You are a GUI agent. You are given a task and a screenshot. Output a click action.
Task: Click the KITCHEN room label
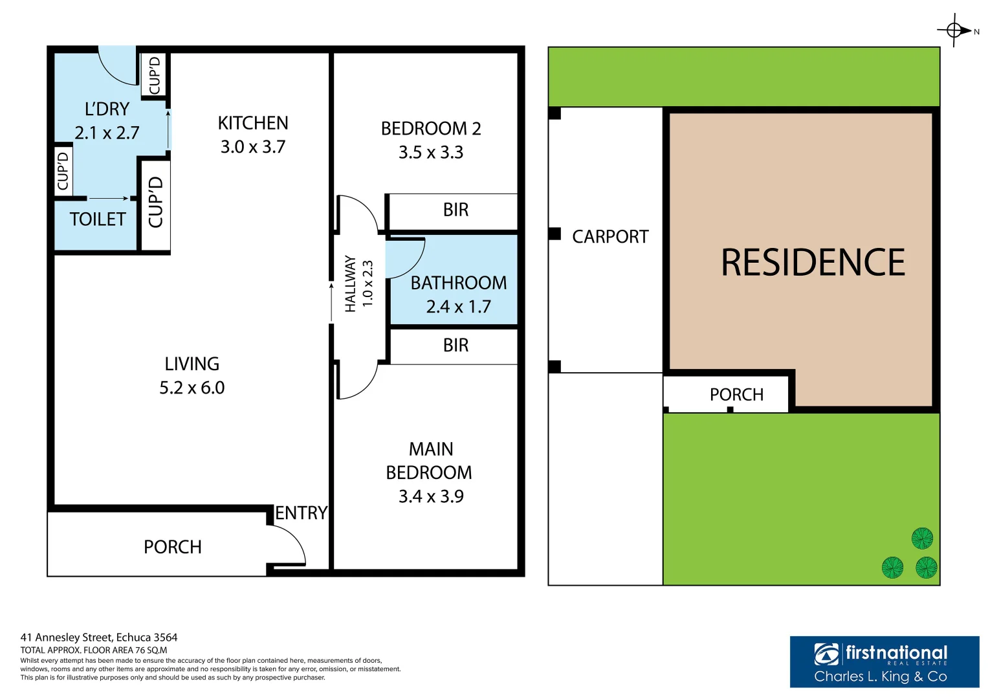click(x=253, y=123)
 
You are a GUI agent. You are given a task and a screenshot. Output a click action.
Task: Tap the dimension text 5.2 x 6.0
click(x=192, y=388)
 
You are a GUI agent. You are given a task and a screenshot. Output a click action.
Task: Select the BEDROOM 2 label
click(x=431, y=129)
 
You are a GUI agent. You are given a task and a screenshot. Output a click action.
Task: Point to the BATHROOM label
click(x=459, y=283)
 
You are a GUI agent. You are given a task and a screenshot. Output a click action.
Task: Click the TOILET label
click(x=98, y=219)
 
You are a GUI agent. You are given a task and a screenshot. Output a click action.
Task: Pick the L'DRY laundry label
click(x=107, y=109)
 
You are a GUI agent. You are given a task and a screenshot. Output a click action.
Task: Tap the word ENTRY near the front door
click(x=301, y=513)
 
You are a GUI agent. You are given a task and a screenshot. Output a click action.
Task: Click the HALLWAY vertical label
click(x=351, y=283)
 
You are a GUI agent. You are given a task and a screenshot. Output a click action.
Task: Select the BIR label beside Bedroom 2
click(x=456, y=210)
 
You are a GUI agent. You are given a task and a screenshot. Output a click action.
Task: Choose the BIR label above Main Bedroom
click(x=456, y=346)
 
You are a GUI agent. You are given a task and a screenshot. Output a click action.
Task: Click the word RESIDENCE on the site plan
click(x=813, y=263)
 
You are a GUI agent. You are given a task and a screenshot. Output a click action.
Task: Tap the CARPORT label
click(x=610, y=237)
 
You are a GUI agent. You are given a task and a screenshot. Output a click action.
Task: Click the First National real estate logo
click(x=884, y=661)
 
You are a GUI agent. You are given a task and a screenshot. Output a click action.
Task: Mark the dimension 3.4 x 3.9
click(x=431, y=496)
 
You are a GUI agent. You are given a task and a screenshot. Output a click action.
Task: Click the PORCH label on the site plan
click(x=736, y=395)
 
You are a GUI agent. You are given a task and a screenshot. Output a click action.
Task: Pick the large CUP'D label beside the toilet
click(x=156, y=202)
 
